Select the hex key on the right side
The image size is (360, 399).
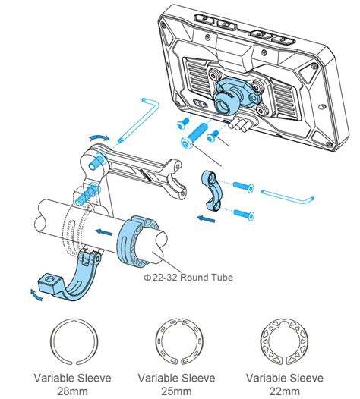tap(289, 196)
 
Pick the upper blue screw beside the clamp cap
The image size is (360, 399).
tap(242, 185)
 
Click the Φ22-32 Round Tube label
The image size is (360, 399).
tap(187, 278)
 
